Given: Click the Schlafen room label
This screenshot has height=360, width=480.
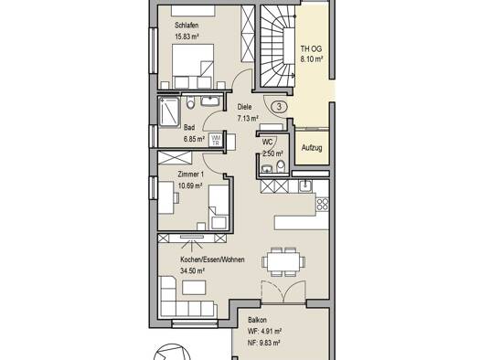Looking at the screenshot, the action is coord(187,26).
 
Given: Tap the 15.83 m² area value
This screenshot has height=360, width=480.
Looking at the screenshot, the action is coord(187,37).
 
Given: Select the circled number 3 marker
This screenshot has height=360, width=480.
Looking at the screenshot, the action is coord(279,107).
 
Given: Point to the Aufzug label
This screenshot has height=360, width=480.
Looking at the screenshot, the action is coord(312,148).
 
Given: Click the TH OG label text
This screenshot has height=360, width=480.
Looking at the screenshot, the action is coord(311,48).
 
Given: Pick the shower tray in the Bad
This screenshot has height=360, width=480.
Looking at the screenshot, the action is coord(168,111).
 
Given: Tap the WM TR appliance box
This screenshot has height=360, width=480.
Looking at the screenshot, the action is coord(216,140).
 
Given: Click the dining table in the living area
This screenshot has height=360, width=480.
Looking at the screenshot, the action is coord(283,262).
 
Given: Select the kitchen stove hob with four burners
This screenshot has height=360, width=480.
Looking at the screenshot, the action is coord(323,204).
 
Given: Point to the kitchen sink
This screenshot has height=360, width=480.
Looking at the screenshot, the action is coord(304,185).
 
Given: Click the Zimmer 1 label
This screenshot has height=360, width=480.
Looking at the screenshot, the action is coord(191,175).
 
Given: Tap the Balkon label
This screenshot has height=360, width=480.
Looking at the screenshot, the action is coord(257,320).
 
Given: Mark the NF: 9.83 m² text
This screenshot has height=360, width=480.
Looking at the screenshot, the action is coord(263,343).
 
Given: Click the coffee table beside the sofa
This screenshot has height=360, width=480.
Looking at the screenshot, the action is coord(194,287).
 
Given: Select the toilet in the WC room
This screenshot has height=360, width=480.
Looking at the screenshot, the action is coord(281,167).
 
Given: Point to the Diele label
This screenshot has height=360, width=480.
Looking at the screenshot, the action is coord(245,107).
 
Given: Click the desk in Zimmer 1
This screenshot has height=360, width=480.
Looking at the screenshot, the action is coord(165,197).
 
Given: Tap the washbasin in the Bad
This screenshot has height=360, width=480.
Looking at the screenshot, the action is coord(210,101).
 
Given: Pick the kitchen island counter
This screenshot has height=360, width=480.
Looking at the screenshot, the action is coord(302,223).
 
